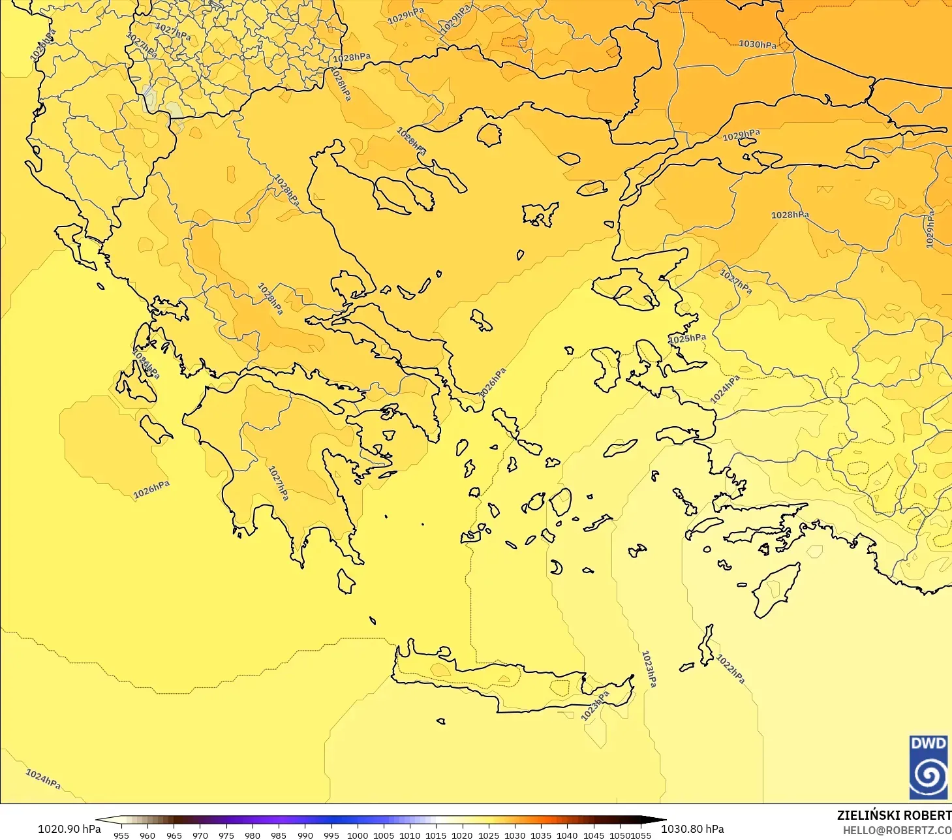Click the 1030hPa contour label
coord(758,44)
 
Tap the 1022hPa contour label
coord(730,668)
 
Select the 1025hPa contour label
coord(687,338)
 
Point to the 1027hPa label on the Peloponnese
coord(278,483)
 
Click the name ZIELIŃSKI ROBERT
coord(894,815)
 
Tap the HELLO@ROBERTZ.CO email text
coord(897,830)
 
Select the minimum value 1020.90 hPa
coord(69,829)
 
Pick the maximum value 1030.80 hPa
coord(692,829)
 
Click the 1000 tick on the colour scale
coord(357,835)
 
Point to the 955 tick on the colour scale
coord(121,835)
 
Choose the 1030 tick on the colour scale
coord(514,835)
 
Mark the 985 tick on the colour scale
coord(279,835)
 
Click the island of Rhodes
coord(775,590)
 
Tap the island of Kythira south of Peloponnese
coord(346,581)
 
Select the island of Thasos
coord(489,134)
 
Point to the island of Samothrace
coord(569,158)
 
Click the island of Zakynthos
coord(155,429)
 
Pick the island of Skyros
coord(482,320)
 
